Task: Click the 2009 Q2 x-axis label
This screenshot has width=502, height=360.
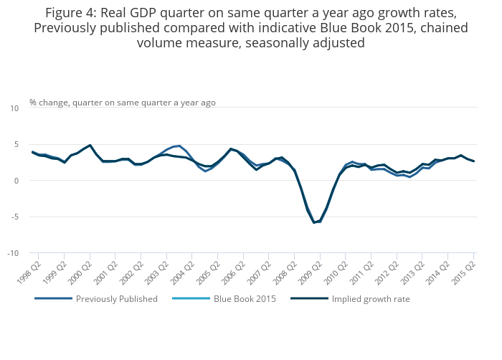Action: pyautogui.click(x=311, y=273)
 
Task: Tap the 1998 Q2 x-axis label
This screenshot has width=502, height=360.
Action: pyautogui.click(x=29, y=273)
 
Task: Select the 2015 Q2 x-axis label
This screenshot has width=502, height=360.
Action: pyautogui.click(x=463, y=273)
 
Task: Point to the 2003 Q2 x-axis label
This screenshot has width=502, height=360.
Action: pyautogui.click(x=156, y=273)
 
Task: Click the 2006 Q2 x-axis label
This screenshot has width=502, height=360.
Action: pyautogui.click(x=233, y=273)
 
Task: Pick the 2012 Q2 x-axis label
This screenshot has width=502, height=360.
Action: pyautogui.click(x=387, y=273)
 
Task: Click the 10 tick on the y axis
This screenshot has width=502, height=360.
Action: pyautogui.click(x=14, y=108)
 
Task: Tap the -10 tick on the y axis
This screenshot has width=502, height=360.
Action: pyautogui.click(x=13, y=253)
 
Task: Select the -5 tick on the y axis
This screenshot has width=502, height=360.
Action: pyautogui.click(x=15, y=217)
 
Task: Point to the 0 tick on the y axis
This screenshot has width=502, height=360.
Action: pyautogui.click(x=17, y=181)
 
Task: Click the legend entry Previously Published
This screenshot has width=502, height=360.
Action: pyautogui.click(x=96, y=299)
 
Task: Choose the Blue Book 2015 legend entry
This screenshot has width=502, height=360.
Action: pyautogui.click(x=224, y=299)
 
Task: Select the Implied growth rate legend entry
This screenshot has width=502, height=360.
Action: pyautogui.click(x=350, y=299)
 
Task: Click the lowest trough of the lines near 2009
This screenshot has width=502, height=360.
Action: pyautogui.click(x=314, y=222)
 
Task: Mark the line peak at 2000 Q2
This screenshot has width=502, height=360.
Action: pyautogui.click(x=90, y=145)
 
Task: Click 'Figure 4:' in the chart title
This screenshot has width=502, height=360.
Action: pyautogui.click(x=71, y=13)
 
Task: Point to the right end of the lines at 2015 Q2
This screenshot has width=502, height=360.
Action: pyautogui.click(x=473, y=161)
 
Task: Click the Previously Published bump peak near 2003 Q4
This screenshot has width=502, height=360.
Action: pyautogui.click(x=179, y=146)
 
